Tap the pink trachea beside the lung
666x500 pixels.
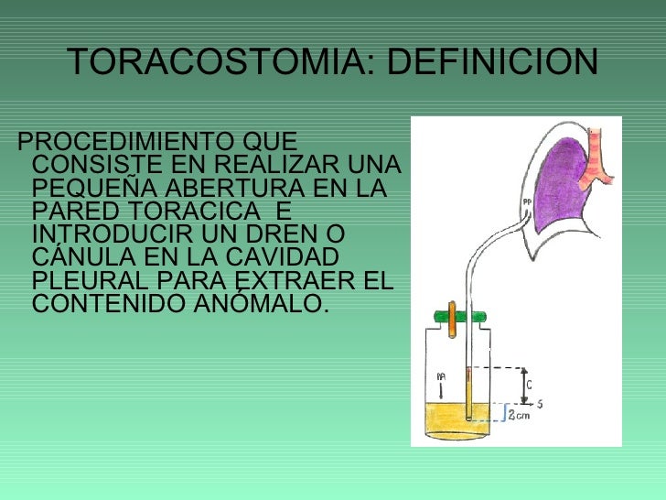tap(599, 156)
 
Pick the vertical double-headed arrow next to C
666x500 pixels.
tap(523, 386)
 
